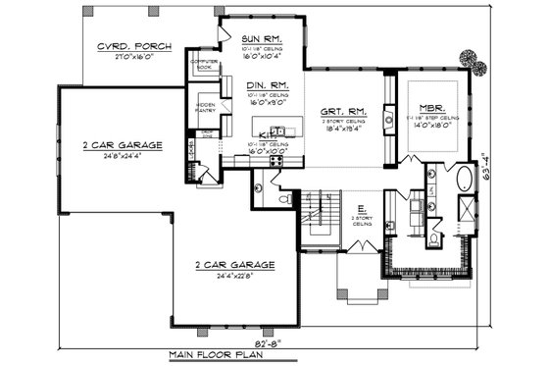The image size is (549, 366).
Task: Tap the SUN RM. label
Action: coord(261,37)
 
